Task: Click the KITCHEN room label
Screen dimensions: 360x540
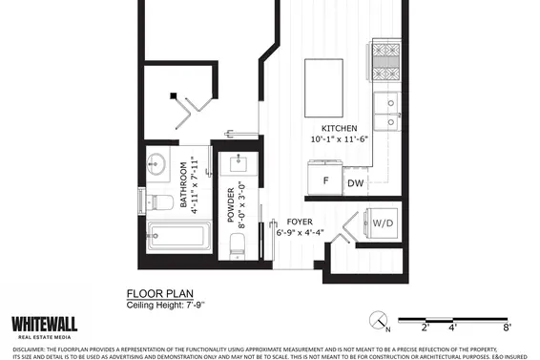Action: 339,128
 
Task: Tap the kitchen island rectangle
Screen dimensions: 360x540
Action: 324,78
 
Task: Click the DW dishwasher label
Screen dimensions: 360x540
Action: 355,182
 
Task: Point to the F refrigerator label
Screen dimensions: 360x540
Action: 325,180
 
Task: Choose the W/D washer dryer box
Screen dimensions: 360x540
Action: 381,224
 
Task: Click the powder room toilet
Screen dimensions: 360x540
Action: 238,243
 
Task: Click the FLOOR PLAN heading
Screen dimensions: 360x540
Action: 156,295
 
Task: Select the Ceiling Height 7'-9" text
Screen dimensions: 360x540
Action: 166,306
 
